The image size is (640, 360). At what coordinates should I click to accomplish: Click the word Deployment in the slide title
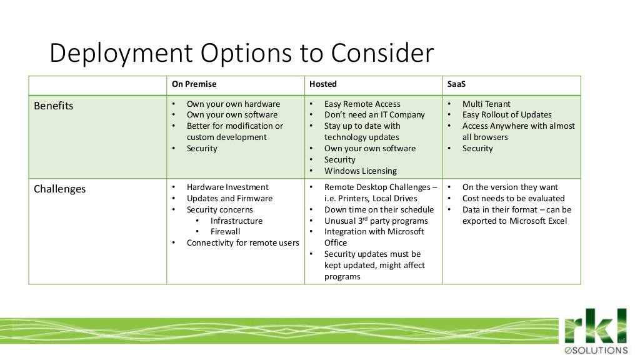[119, 54]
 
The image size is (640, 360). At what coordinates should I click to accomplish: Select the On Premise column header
[194, 84]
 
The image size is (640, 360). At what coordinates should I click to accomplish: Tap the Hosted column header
[322, 84]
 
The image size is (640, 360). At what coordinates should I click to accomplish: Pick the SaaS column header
[456, 84]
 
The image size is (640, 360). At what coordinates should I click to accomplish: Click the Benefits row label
[53, 106]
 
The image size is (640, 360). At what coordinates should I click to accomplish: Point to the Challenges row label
[59, 189]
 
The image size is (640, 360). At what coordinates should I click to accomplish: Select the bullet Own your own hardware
[233, 104]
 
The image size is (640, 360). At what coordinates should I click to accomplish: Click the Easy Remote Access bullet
[362, 104]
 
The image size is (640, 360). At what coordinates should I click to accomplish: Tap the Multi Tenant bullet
[486, 104]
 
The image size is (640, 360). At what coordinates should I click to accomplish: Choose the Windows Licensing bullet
[360, 171]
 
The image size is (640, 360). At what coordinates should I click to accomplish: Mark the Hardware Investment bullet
[227, 187]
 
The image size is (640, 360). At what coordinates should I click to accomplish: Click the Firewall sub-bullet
[225, 231]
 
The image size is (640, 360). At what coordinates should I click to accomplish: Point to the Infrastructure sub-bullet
[236, 221]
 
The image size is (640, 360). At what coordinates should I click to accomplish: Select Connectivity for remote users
[242, 242]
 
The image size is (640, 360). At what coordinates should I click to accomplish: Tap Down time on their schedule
[379, 209]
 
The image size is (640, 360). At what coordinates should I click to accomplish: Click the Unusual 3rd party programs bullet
[376, 221]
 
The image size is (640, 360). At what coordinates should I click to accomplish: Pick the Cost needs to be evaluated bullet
[513, 198]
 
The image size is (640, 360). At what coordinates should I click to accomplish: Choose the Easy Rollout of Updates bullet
[507, 114]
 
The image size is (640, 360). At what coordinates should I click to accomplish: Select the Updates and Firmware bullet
[229, 198]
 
